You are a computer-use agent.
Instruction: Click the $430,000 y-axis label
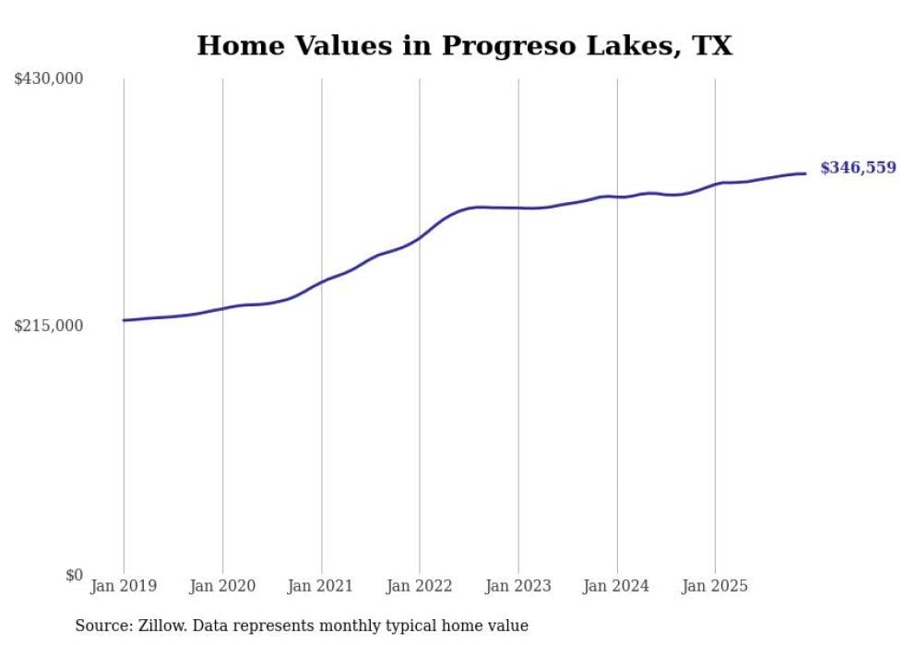pyautogui.click(x=49, y=79)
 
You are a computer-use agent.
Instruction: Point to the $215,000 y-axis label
pyautogui.click(x=49, y=327)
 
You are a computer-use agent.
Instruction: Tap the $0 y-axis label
pyautogui.click(x=74, y=576)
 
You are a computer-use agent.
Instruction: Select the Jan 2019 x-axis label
pyautogui.click(x=124, y=586)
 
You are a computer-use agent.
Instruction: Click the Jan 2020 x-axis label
pyautogui.click(x=222, y=586)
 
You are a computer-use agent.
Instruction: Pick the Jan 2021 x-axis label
pyautogui.click(x=320, y=586)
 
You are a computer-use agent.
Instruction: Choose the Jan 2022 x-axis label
pyautogui.click(x=419, y=586)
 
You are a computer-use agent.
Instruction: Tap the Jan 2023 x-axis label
pyautogui.click(x=517, y=586)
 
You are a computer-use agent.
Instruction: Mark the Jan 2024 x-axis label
pyautogui.click(x=616, y=586)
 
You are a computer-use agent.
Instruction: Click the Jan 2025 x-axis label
pyautogui.click(x=714, y=586)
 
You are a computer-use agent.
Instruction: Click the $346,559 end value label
pyautogui.click(x=857, y=168)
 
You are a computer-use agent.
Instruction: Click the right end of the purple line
pyautogui.click(x=805, y=173)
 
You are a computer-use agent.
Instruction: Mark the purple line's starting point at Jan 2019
pyautogui.click(x=124, y=320)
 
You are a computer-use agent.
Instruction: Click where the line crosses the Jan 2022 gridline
pyautogui.click(x=420, y=238)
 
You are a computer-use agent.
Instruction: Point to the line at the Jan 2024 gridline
pyautogui.click(x=616, y=197)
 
